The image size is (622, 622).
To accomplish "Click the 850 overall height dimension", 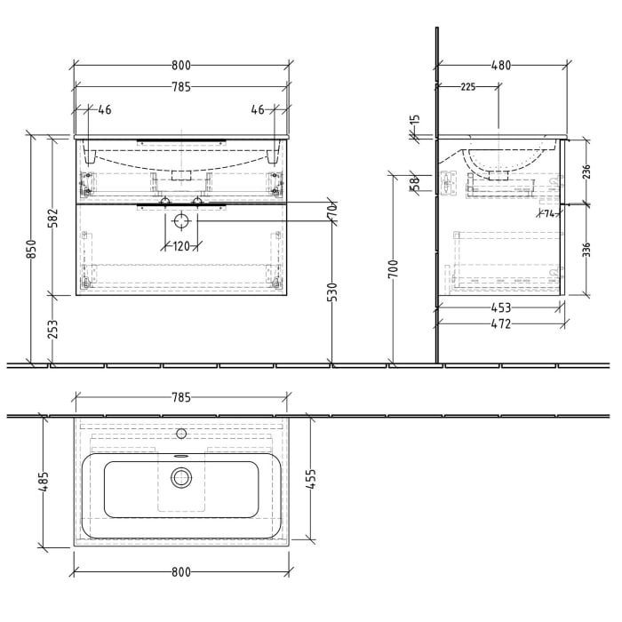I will pos(32,251).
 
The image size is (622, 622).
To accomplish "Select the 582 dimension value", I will pos(53,218).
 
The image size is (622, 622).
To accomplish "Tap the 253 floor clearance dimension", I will pos(53,331).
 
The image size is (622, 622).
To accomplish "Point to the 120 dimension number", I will pos(181,247).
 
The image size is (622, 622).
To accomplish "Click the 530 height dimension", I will pos(332,294).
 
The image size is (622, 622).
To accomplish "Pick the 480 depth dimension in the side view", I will pos(501,65).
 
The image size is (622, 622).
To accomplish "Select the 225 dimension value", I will pos(467,87).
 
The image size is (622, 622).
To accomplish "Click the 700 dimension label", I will pos(393,267).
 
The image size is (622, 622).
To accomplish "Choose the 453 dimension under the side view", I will pos(501,309).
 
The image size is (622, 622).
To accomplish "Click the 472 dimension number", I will pos(501,324).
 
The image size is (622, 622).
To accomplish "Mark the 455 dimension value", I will pos(312,479).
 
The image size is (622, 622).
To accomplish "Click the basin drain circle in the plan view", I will pos(181,478).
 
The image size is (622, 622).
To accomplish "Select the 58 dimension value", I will pos(414,183).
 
